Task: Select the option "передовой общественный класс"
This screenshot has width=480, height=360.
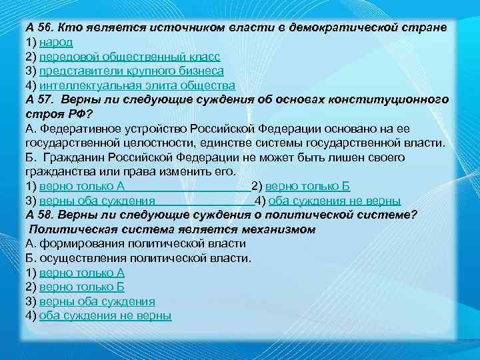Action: coord(129,57)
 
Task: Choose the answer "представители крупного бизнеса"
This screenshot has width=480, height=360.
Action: coord(131,71)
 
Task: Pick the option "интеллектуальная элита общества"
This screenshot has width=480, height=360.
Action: coord(137,85)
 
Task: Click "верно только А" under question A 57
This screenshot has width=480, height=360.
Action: coord(82,186)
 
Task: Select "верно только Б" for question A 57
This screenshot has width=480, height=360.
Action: coord(307,186)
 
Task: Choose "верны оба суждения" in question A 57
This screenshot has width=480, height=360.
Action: coord(97,200)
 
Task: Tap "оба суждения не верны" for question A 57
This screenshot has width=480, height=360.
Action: coord(335,200)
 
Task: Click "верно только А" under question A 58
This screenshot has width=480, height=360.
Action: coord(82,273)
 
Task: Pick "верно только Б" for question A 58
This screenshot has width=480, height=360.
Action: coord(82,287)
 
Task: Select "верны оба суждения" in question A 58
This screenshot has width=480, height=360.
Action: coord(97,301)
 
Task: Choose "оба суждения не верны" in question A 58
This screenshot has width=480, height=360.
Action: coord(105,315)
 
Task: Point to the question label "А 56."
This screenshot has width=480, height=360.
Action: coord(39,29)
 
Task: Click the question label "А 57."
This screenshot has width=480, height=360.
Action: coord(40,99)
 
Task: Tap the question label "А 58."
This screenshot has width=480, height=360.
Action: coord(40,214)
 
